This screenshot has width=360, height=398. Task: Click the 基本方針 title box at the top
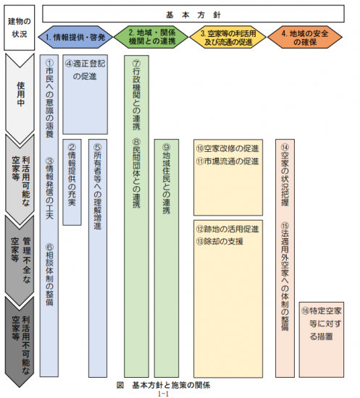[x=193, y=14]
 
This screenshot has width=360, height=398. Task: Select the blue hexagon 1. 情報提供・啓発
[x=75, y=37]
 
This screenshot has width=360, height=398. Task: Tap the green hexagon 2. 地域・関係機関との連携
[x=151, y=37]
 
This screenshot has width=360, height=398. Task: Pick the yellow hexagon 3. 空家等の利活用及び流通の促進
[x=227, y=37]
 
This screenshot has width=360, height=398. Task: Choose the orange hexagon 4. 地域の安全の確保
[x=305, y=37]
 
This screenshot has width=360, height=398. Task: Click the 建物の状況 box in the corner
[x=20, y=27]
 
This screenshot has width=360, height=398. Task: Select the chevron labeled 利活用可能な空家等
[x=20, y=179]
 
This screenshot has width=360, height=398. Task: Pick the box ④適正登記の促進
[x=85, y=94]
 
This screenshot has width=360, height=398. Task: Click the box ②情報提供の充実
[x=72, y=182]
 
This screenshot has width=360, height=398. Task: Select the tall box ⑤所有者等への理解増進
[x=98, y=258]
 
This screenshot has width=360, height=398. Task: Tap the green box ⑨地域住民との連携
[x=167, y=258]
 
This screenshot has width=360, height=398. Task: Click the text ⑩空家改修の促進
[x=227, y=148]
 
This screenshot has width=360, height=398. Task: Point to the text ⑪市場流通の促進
[x=227, y=161]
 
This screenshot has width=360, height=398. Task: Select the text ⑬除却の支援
[x=219, y=241]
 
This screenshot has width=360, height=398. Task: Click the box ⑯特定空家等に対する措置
[x=322, y=339]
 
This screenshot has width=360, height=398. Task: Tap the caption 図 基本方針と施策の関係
[x=164, y=385]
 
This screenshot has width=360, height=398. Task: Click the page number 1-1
[x=163, y=394]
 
